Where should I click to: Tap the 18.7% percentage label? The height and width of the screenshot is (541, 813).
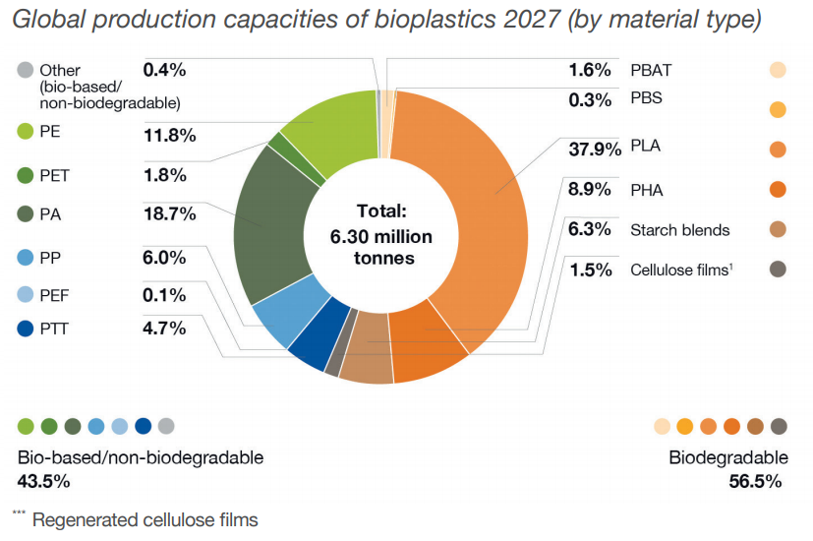tap(164, 213)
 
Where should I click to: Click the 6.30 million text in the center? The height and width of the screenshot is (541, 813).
tap(381, 236)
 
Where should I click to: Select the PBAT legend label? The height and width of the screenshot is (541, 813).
tap(651, 70)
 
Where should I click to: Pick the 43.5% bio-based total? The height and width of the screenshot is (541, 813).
tap(43, 481)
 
